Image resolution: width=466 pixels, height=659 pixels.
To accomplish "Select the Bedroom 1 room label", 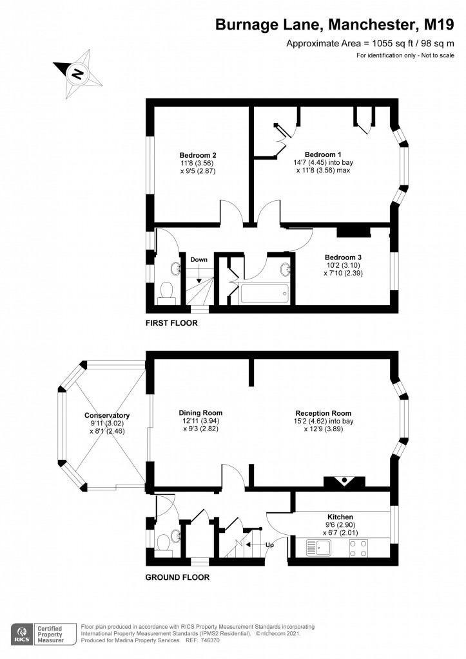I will [322, 155].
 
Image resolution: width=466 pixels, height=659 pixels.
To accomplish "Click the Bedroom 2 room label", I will [197, 155].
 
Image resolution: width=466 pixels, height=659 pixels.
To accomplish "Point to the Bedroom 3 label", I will [338, 257].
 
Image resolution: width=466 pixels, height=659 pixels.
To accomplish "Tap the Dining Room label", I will [200, 413].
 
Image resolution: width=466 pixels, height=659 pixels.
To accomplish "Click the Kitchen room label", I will [340, 517].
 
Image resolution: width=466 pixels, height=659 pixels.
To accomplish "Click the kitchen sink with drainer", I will [319, 548].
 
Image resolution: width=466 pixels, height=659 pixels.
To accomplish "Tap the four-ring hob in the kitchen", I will [359, 548].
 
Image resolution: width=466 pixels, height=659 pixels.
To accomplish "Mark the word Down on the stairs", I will [199, 259].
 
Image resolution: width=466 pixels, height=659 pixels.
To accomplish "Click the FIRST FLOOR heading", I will [171, 323].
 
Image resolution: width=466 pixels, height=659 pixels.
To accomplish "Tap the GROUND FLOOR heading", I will [177, 577].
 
